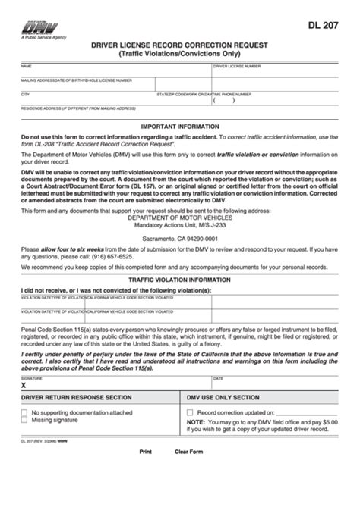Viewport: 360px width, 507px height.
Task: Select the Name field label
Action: pos(26,67)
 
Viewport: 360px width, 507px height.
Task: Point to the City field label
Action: pos(25,93)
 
